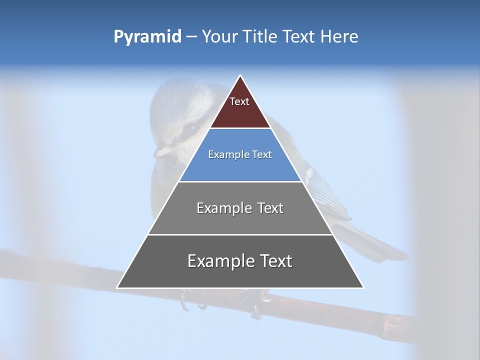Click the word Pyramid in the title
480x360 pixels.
coord(147,37)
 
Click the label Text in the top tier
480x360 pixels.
coord(239,101)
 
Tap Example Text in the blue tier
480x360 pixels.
coord(240,154)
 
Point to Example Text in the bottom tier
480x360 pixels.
coord(240,261)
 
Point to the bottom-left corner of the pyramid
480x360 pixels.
coord(117,287)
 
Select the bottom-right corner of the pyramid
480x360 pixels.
coord(363,287)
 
